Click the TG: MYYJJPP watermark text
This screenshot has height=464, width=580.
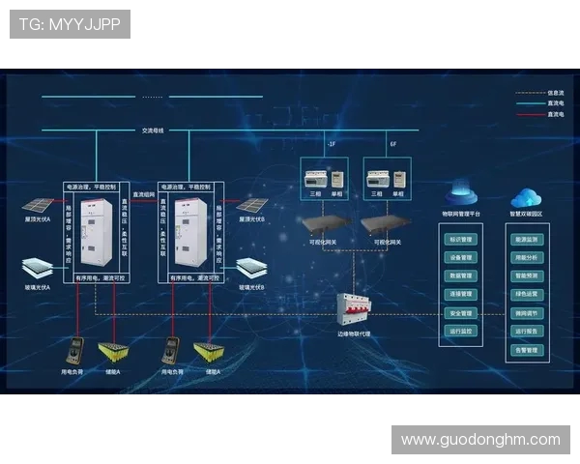70,24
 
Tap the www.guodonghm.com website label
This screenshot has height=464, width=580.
480,440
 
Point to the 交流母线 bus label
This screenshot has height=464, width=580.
154,130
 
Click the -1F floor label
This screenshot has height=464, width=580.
331,144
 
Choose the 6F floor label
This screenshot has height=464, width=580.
392,144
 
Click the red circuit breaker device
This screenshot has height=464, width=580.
353,312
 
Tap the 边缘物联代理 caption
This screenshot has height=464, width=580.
353,334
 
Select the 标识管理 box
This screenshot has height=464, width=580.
460,239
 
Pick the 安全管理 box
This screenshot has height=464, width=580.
460,312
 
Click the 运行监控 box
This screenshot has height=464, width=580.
460,331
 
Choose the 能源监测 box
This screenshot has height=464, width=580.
527,239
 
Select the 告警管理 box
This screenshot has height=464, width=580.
527,350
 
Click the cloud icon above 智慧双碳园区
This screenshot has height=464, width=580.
527,197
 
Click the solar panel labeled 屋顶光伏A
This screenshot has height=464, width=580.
38,207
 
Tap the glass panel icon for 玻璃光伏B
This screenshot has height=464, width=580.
253,268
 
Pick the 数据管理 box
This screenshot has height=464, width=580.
460,275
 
